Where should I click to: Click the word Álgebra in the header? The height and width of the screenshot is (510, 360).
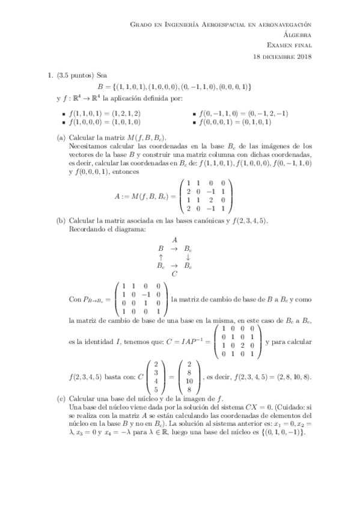point(298,35)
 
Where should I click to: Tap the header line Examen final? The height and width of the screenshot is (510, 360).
point(289,46)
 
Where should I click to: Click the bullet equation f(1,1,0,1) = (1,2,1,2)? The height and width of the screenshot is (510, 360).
point(105,112)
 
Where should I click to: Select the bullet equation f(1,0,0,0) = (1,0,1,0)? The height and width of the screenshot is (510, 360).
point(105,121)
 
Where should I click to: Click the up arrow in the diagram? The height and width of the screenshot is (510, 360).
point(160,256)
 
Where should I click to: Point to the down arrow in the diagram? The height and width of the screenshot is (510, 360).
point(188,256)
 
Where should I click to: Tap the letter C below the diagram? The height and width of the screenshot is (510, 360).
point(174,274)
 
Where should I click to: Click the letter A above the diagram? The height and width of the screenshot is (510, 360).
point(174,239)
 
